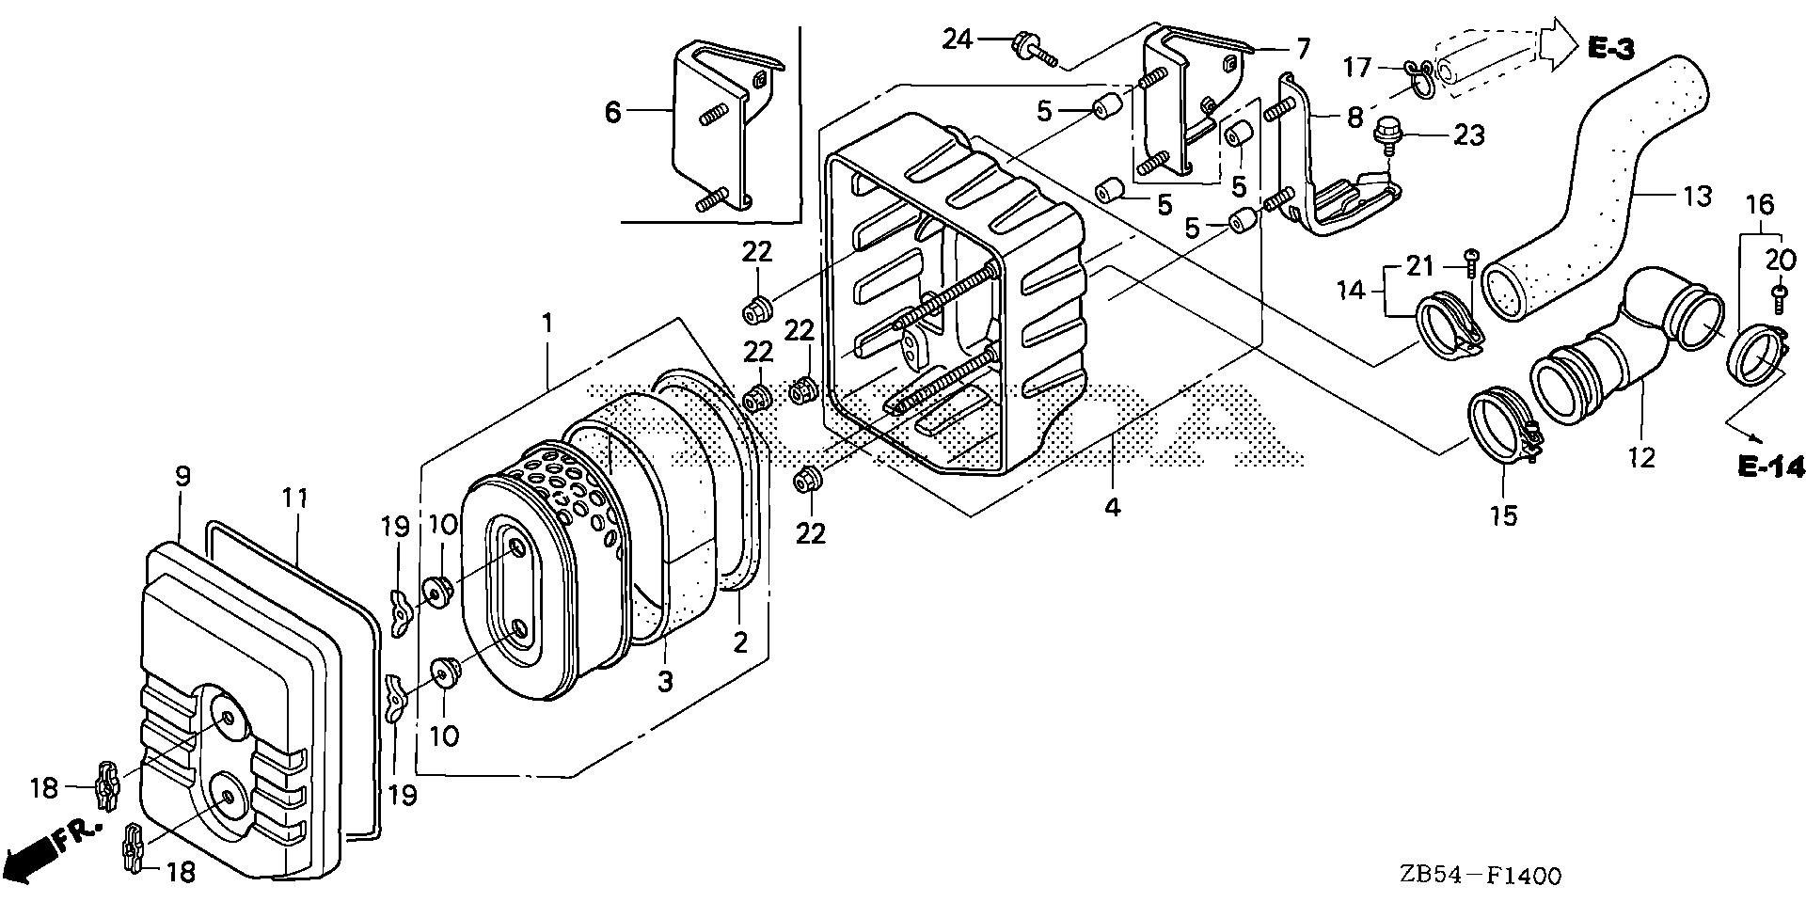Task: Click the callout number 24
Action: (957, 40)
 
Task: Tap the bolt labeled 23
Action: (1386, 133)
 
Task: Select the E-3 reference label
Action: (1609, 49)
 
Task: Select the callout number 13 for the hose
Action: (1698, 198)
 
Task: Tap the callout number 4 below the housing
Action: (1112, 507)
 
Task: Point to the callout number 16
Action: (1760, 205)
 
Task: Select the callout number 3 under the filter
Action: (665, 681)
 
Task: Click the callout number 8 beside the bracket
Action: (1354, 118)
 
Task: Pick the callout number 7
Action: (1303, 46)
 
